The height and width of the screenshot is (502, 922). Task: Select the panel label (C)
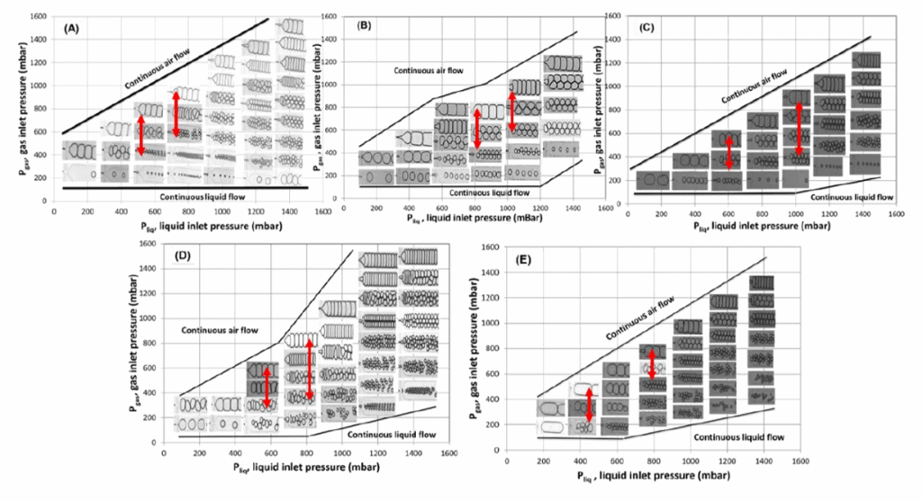pos(644,26)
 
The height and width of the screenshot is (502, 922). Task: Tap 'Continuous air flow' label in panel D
pos(216,329)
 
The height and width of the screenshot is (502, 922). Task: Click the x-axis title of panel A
pos(194,229)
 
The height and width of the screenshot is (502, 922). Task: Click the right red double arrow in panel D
pos(310,367)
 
